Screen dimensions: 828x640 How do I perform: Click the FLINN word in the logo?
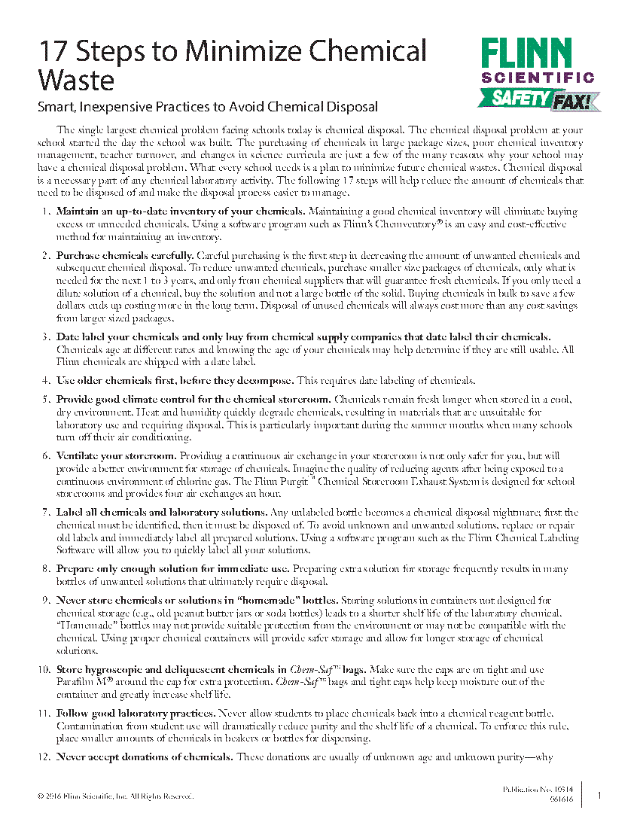pyautogui.click(x=527, y=54)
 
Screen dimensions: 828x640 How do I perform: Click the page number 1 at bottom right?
pyautogui.click(x=599, y=795)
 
